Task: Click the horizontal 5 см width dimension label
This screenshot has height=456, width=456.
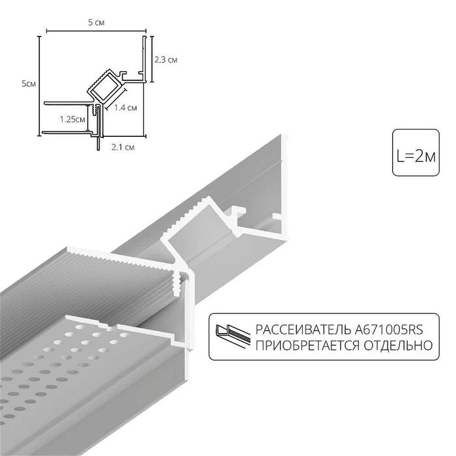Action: pos(94,23)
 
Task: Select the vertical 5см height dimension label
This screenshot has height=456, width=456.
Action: pos(28,83)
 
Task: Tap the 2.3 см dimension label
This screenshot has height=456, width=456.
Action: pos(166,60)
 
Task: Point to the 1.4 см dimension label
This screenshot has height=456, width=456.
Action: pos(125,107)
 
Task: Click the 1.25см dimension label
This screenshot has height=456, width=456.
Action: pos(72,119)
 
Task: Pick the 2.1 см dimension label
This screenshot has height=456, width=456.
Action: pos(123,147)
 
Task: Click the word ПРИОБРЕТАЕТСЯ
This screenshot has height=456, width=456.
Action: pos(304,345)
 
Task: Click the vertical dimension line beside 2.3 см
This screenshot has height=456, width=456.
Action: pos(152,60)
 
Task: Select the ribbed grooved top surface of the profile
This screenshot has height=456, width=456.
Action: pos(98,280)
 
